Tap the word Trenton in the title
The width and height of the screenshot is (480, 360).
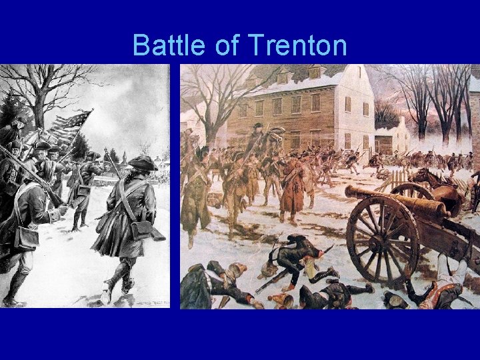297,46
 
